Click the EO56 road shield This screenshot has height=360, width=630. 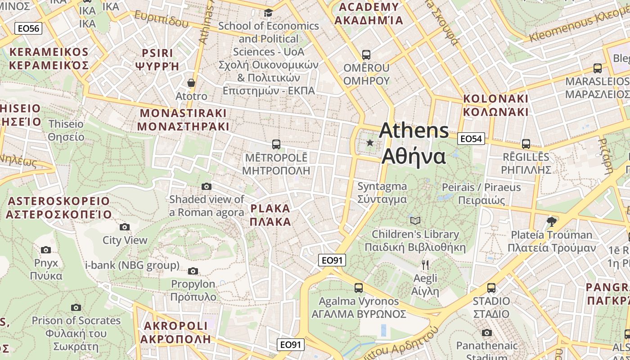(28, 29)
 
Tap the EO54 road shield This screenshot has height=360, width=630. (471, 139)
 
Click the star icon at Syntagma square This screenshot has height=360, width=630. (370, 143)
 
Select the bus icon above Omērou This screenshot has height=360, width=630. (366, 55)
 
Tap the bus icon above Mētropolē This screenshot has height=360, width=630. (276, 144)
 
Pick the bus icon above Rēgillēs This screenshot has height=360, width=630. (526, 144)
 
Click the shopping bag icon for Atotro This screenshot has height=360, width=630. (191, 83)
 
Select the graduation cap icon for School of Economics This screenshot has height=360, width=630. (269, 13)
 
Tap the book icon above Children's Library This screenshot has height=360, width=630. (415, 220)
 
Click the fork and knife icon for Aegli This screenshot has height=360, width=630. (425, 265)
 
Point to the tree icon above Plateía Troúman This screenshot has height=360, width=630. (551, 221)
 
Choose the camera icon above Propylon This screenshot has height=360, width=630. (193, 271)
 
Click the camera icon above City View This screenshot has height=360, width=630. (125, 227)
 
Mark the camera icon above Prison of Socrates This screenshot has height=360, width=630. (76, 307)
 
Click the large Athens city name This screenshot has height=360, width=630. (414, 143)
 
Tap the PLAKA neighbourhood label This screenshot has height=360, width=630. (270, 215)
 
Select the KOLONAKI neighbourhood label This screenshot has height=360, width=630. (496, 105)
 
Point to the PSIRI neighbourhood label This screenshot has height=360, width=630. (157, 59)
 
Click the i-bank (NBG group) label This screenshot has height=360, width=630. (132, 265)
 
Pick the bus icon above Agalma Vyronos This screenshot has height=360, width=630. (359, 288)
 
